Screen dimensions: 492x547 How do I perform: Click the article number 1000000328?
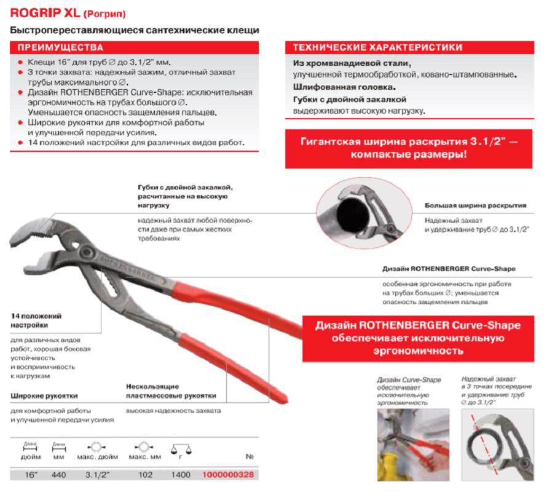[227, 475]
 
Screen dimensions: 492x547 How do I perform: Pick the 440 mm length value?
[58, 475]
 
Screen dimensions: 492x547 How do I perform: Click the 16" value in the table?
[30, 475]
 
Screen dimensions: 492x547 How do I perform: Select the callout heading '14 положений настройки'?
[36, 320]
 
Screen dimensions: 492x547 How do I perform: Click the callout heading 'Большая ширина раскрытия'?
[475, 205]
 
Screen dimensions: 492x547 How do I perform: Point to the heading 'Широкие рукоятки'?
[44, 395]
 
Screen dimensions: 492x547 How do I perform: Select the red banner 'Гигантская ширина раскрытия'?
[409, 148]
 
